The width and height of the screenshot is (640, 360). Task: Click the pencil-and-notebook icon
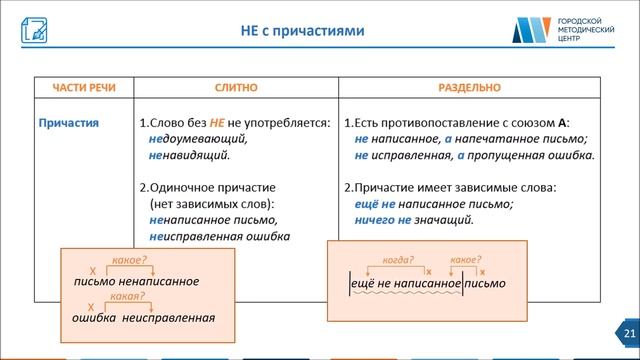(x=33, y=30)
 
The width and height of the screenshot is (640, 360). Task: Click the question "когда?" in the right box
(x=397, y=260)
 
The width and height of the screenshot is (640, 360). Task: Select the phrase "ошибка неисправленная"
(x=144, y=317)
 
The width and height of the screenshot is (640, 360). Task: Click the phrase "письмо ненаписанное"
(x=136, y=282)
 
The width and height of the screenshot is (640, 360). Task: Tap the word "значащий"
(x=444, y=220)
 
